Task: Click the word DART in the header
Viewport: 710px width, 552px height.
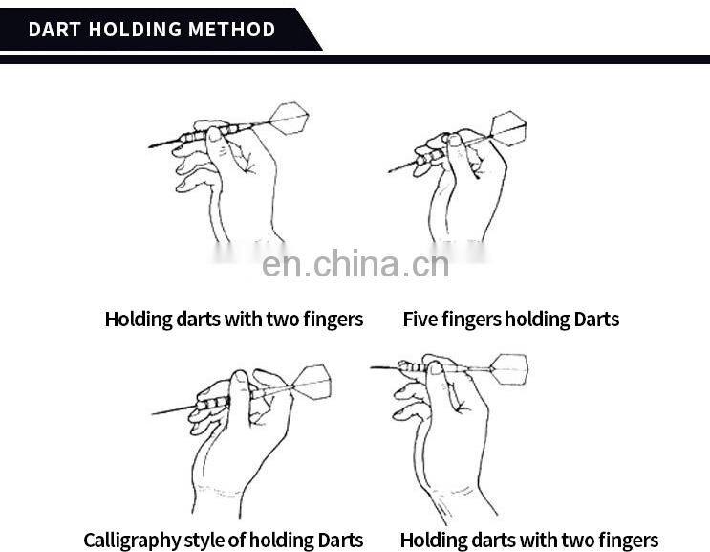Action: coord(54,30)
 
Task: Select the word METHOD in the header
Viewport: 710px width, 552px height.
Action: coord(232,30)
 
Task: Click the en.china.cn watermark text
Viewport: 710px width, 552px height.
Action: coord(355,264)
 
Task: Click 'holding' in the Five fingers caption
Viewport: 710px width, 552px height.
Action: coord(537,320)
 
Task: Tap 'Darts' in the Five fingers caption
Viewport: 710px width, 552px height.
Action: coord(596,320)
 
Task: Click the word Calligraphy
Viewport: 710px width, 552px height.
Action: coord(132,541)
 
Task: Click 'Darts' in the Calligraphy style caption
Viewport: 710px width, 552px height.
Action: coord(340,540)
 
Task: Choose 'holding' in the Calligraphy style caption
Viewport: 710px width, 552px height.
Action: coord(281,541)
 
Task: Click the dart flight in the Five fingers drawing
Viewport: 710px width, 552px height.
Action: coord(508,128)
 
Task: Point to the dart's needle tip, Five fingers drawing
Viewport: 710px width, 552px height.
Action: coord(389,172)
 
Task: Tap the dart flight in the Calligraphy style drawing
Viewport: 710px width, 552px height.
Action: coord(312,383)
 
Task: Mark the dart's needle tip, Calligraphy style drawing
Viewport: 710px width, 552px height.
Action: coord(153,414)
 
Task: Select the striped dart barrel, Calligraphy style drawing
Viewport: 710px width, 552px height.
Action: coord(213,403)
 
